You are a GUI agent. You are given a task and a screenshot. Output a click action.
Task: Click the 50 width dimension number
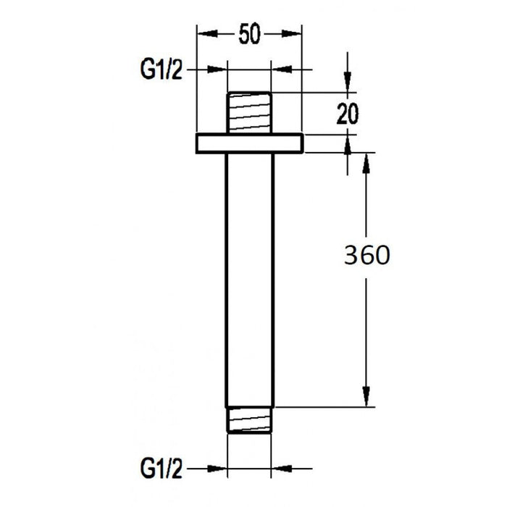tap(249, 33)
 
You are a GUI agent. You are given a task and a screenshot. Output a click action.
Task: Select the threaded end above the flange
tap(250, 112)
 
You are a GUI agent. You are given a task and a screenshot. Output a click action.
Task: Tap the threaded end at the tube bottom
tap(251, 419)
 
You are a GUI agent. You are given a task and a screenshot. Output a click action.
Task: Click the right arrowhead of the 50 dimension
tap(293, 33)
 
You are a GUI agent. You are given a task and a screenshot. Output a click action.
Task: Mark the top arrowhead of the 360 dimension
tap(367, 162)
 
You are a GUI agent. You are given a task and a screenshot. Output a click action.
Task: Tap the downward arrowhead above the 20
tap(348, 84)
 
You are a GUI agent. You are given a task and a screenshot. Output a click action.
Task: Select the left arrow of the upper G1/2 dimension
tap(219, 70)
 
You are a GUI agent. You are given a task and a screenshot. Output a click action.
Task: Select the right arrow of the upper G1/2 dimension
tap(280, 70)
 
